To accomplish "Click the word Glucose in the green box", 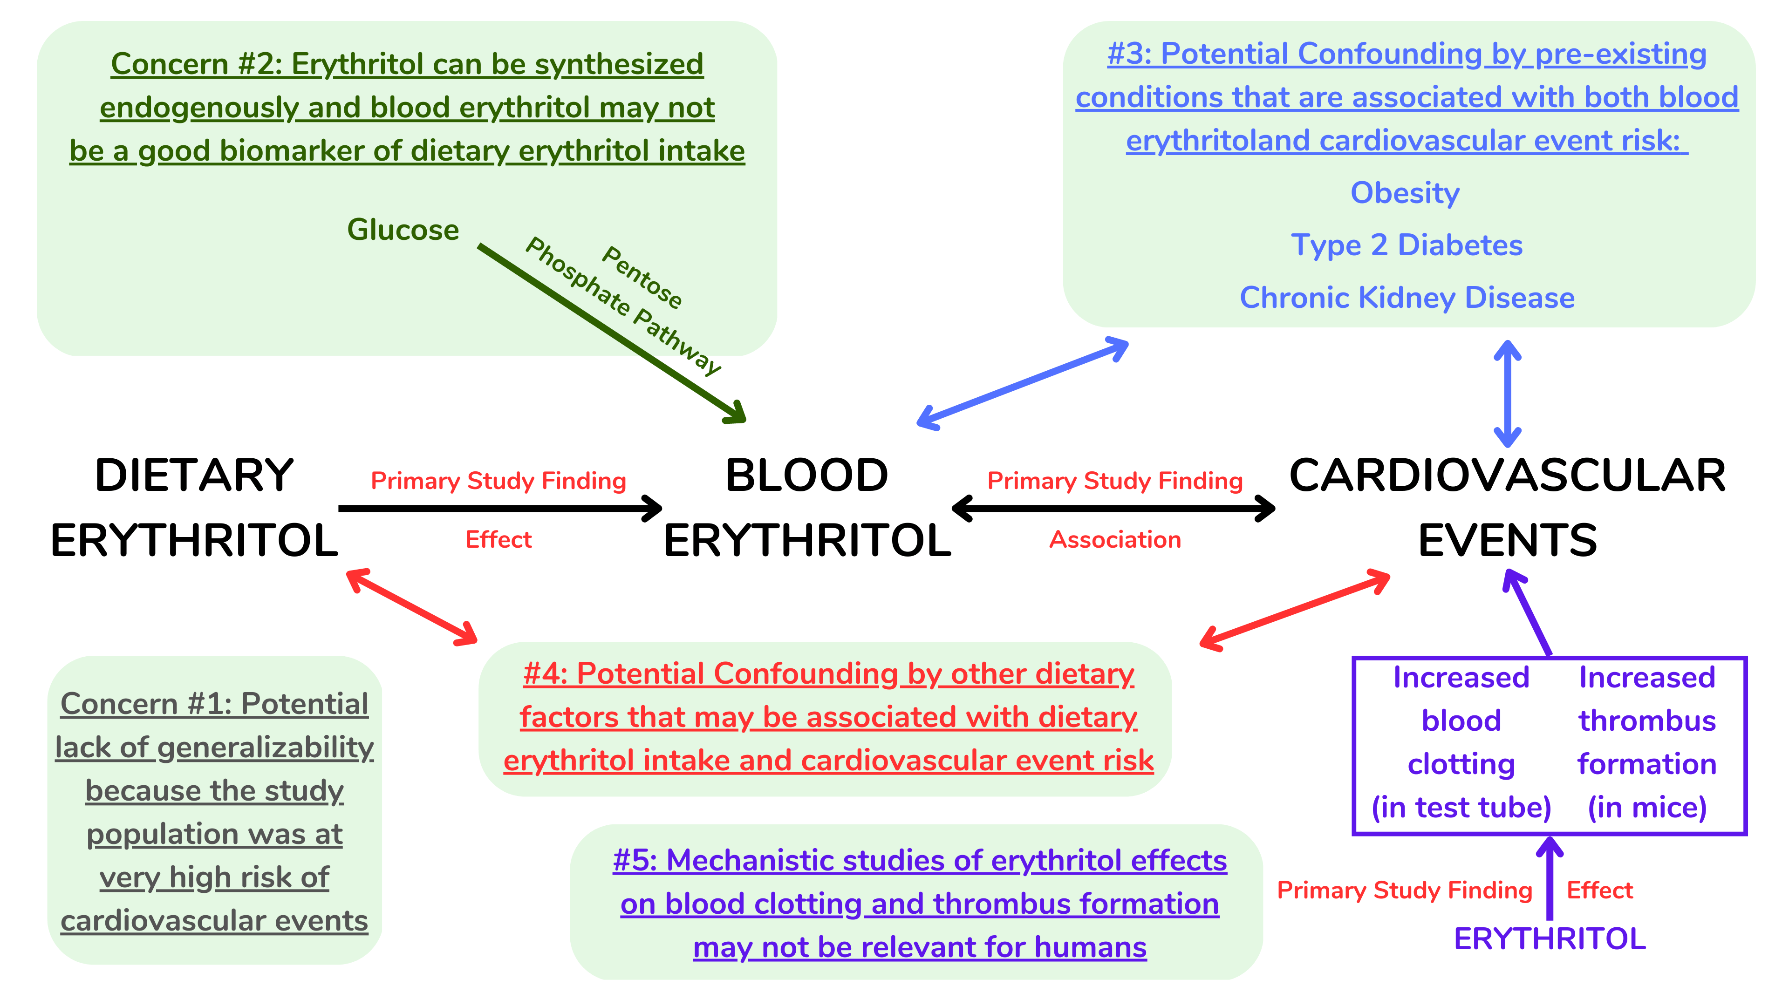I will pyautogui.click(x=403, y=230).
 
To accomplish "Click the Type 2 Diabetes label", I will pyautogui.click(x=1407, y=245).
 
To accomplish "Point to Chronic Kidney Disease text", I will pyautogui.click(x=1407, y=298).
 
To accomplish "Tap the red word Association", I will pyautogui.click(x=1115, y=539).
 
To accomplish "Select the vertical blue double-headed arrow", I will pyautogui.click(x=1507, y=394).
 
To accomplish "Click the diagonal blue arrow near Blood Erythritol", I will pyautogui.click(x=1022, y=383).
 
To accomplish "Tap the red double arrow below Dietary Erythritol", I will pyautogui.click(x=412, y=607).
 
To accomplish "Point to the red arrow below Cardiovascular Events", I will pyautogui.click(x=1295, y=610).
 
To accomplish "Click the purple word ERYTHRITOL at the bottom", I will pyautogui.click(x=1550, y=938).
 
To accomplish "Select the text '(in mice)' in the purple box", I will pyautogui.click(x=1646, y=808).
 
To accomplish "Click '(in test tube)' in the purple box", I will pyautogui.click(x=1461, y=808).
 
